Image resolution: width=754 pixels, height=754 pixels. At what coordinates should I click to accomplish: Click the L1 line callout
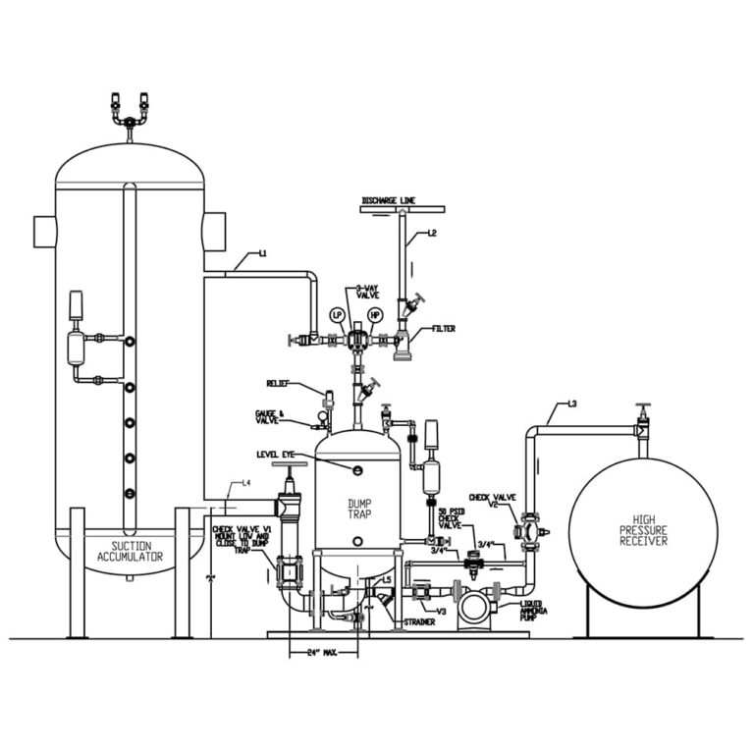click(x=262, y=255)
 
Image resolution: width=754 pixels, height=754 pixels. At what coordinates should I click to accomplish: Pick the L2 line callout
click(x=431, y=234)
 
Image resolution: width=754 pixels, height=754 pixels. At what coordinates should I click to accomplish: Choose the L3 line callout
click(x=572, y=404)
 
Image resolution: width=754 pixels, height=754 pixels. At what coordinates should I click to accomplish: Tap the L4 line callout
click(x=246, y=483)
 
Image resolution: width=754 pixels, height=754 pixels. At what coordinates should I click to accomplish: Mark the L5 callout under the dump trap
click(x=387, y=581)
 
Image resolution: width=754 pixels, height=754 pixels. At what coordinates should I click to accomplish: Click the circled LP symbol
click(x=337, y=315)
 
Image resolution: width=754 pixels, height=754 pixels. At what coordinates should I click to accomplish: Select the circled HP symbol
click(x=374, y=315)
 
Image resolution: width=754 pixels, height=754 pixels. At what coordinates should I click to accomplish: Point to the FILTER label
click(x=443, y=329)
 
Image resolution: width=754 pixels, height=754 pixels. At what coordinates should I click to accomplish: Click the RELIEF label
click(x=279, y=383)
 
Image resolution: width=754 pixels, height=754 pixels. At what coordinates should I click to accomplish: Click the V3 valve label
click(x=442, y=611)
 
